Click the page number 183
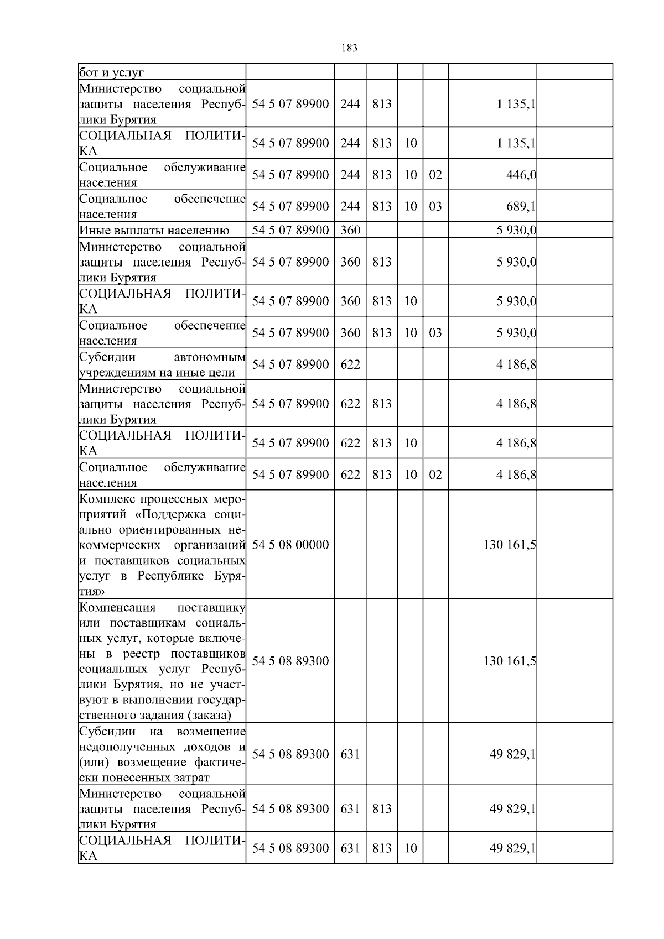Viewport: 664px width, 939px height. tap(350, 48)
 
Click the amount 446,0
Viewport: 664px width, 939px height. tap(521, 175)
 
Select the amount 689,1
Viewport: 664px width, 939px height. tap(521, 206)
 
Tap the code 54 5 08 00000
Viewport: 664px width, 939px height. tap(290, 545)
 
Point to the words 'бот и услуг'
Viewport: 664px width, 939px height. tap(111, 72)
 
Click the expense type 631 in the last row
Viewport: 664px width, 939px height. tap(350, 848)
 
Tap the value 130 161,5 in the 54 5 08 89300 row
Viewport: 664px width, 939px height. tap(509, 661)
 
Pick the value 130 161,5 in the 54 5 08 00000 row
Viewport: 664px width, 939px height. tap(509, 545)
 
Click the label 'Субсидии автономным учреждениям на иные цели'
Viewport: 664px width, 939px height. tap(162, 365)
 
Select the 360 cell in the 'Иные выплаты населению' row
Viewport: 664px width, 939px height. tap(350, 230)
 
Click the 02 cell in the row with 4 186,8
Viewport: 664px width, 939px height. tap(435, 474)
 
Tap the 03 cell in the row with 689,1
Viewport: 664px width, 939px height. tap(435, 206)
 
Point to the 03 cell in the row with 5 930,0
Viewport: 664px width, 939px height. tap(435, 333)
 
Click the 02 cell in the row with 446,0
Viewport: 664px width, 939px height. tap(435, 175)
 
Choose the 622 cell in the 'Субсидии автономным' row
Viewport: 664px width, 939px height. tap(350, 364)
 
